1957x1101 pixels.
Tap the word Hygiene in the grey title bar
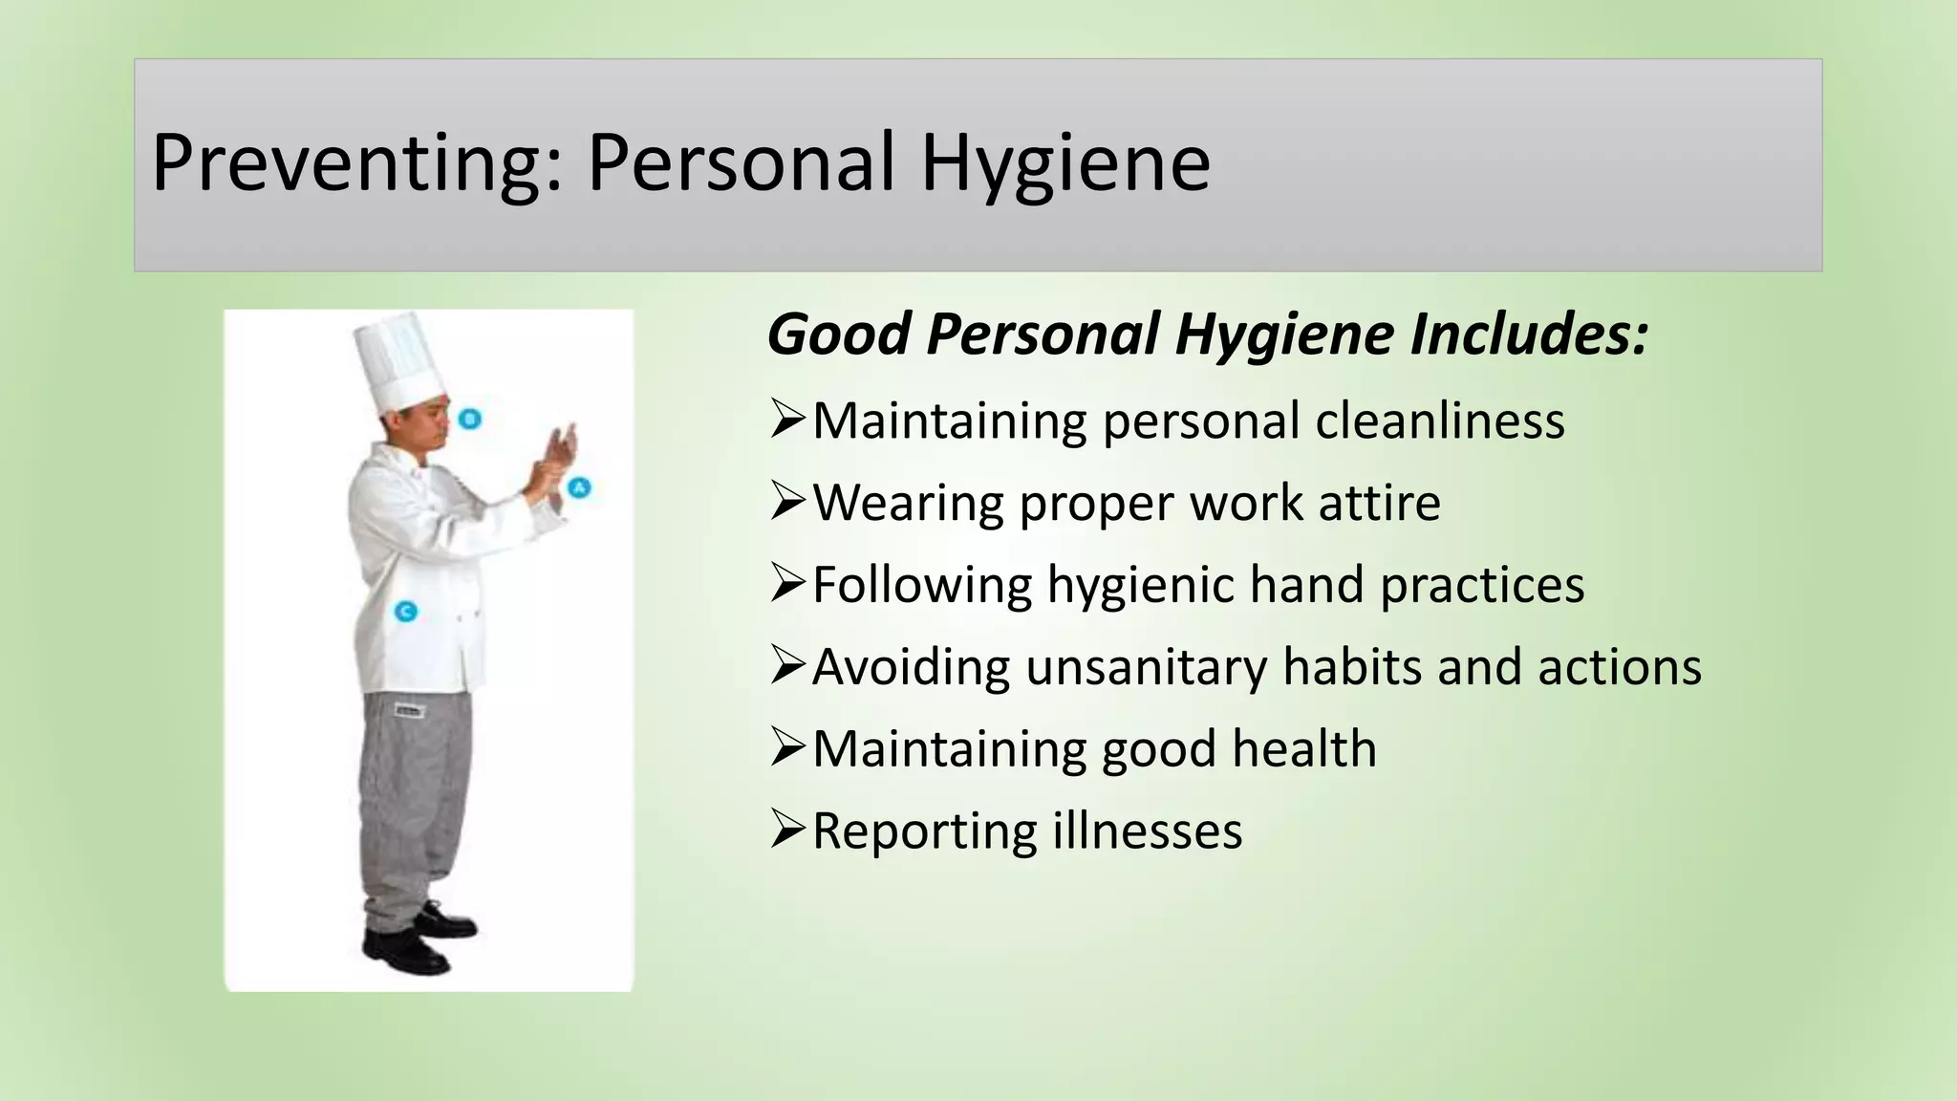coord(1065,164)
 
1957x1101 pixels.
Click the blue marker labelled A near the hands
coord(579,488)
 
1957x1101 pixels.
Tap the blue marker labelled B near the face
coord(469,419)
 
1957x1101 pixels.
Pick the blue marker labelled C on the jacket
coord(406,611)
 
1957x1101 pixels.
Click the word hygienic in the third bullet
coord(1140,585)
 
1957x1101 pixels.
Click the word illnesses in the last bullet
coord(1147,831)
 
